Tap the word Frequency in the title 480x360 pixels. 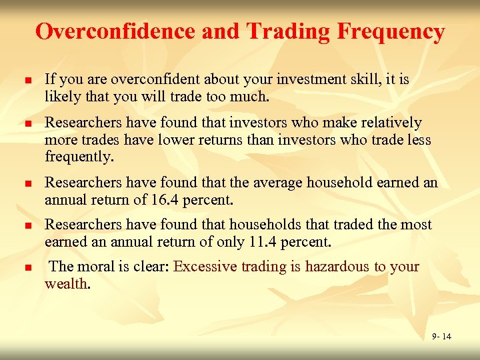click(391, 31)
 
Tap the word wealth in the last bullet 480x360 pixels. click(66, 283)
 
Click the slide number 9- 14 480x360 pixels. click(441, 336)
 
